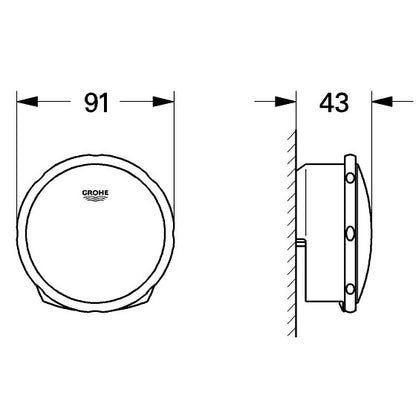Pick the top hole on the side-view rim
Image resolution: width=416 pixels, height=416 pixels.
[x=349, y=178]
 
